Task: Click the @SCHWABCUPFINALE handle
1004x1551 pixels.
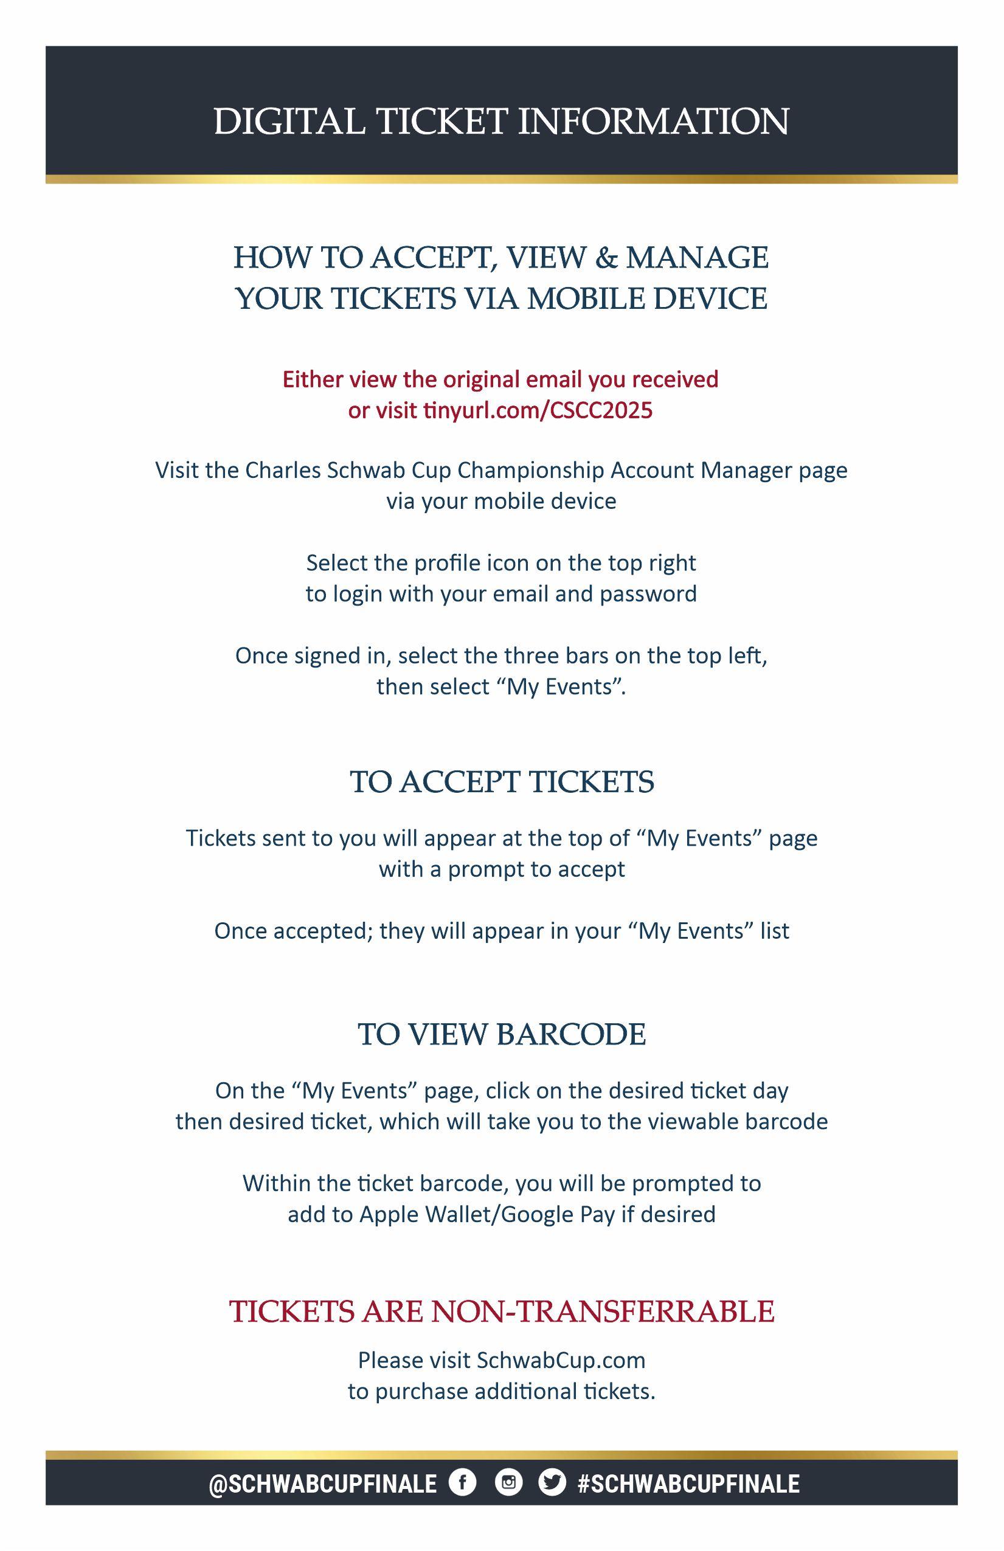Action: coord(323,1484)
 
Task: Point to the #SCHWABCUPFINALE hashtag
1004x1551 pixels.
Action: coord(688,1484)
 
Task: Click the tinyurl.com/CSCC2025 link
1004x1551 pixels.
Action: coord(537,410)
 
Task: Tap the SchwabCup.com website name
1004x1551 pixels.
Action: coord(561,1360)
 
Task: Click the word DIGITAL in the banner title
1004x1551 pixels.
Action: coord(289,121)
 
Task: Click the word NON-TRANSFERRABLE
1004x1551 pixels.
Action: coord(603,1311)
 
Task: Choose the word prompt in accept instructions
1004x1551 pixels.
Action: coord(481,869)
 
